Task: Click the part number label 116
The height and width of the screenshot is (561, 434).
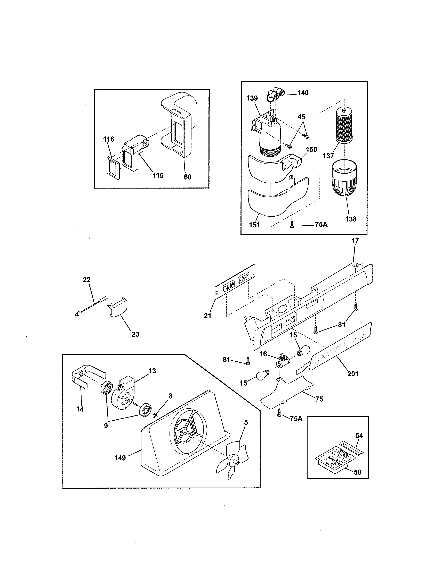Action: [109, 139]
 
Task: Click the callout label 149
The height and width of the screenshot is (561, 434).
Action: [120, 458]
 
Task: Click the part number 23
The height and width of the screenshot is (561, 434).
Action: [135, 334]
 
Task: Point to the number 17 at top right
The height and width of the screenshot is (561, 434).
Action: [355, 241]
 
